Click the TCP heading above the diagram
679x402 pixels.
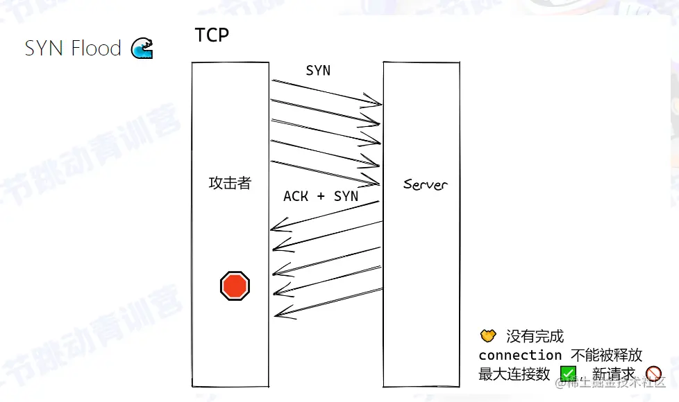(212, 35)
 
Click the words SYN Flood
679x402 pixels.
(73, 49)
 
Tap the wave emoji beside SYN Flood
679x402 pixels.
(142, 49)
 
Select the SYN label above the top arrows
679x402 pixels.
(318, 71)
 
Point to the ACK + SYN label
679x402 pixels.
(321, 196)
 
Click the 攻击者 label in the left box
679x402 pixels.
(230, 184)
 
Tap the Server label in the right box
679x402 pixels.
(426, 184)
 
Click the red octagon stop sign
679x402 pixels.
(235, 286)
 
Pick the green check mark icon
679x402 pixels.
(568, 374)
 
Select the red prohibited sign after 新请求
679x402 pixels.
(653, 374)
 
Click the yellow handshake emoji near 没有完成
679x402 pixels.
(489, 336)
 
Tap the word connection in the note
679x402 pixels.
(520, 355)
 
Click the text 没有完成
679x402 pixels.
(535, 337)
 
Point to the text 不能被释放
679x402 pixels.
(607, 355)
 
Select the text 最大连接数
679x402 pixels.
(514, 374)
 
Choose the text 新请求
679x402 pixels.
(614, 374)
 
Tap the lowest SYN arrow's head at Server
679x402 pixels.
(379, 183)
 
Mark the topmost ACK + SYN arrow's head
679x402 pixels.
(272, 229)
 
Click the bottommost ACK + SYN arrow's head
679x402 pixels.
(276, 315)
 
